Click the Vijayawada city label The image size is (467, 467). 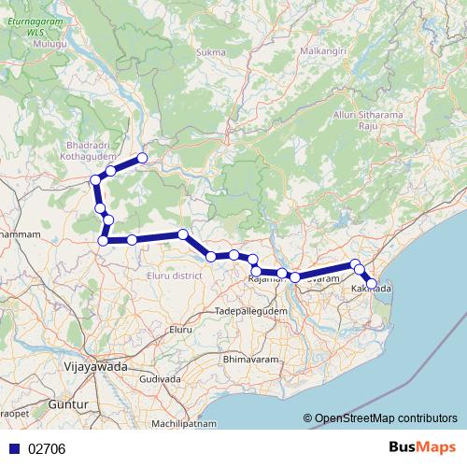pos(93,367)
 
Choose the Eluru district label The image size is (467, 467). pos(175,276)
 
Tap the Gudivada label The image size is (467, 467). pos(160,380)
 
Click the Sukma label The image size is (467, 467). pos(211,52)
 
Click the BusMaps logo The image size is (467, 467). pos(422,448)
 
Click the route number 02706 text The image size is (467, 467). pos(47,449)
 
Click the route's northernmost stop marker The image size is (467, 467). pos(143,158)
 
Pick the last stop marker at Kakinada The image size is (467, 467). pos(372,283)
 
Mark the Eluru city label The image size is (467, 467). pos(179,331)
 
